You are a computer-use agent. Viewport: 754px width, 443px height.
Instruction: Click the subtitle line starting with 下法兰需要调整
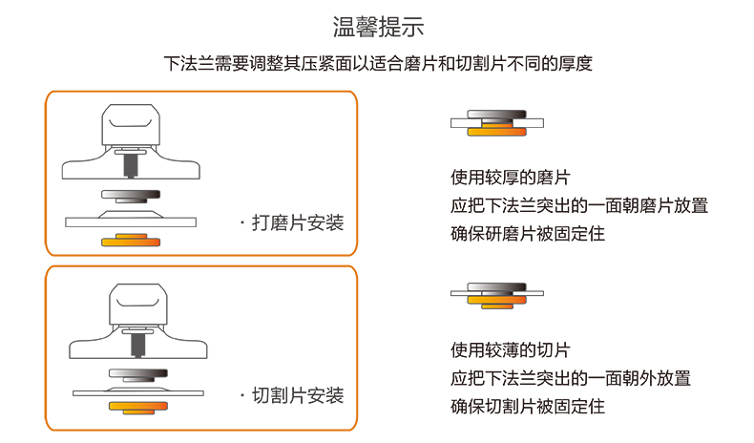(x=377, y=65)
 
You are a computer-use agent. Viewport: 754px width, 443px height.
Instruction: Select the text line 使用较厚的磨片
(x=511, y=178)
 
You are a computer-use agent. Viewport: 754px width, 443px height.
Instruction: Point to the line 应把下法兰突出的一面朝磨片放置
(x=579, y=205)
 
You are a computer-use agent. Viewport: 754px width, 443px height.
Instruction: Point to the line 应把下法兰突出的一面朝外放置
(x=571, y=378)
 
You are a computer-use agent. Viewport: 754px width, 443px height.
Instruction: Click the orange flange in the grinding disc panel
(x=131, y=240)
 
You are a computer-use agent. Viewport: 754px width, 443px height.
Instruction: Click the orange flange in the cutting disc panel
(x=131, y=409)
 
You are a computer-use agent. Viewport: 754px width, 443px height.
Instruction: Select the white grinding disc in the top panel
(x=131, y=221)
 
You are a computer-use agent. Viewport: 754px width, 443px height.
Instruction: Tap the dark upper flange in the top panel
(x=131, y=195)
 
